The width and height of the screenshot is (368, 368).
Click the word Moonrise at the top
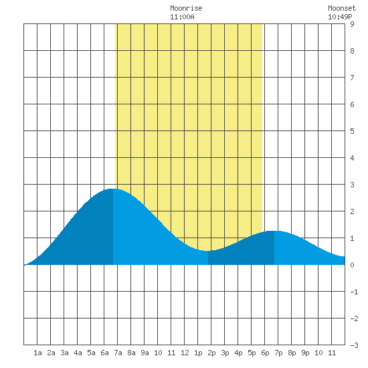(x=186, y=8)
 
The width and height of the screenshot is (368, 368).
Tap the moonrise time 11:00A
(x=182, y=17)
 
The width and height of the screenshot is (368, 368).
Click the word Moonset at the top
(x=342, y=8)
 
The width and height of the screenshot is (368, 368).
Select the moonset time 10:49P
(x=340, y=17)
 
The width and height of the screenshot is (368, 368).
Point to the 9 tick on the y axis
(x=352, y=24)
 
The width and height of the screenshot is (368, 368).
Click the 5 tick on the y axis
(x=352, y=131)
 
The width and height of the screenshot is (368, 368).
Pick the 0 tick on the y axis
(x=352, y=265)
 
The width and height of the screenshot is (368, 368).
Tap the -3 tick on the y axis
(x=354, y=345)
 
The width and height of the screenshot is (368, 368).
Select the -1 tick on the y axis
(x=354, y=292)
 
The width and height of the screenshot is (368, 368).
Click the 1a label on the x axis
(x=37, y=353)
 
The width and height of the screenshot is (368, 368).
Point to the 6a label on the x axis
(x=104, y=353)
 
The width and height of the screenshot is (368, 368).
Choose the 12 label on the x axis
(x=185, y=353)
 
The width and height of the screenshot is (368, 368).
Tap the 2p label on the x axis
(x=211, y=353)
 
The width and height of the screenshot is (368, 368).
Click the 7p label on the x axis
(x=278, y=353)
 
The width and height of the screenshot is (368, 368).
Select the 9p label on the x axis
(x=305, y=353)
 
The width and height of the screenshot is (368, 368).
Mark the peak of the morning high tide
(x=113, y=189)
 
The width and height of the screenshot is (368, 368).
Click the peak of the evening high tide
(x=274, y=232)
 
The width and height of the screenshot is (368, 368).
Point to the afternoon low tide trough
(x=208, y=251)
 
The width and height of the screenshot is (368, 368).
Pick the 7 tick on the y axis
(x=352, y=78)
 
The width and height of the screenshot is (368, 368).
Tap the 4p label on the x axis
(x=238, y=353)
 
